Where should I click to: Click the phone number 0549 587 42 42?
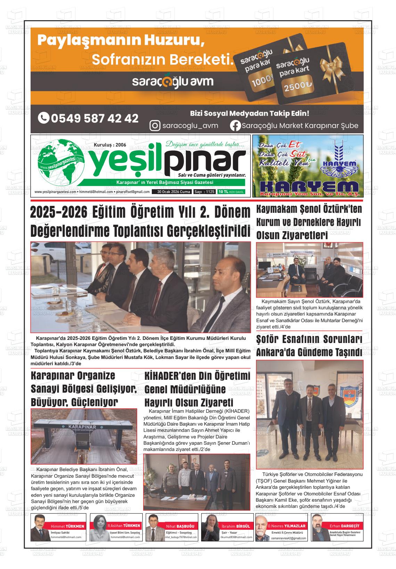(88, 118)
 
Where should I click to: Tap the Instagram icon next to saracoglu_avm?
(155, 125)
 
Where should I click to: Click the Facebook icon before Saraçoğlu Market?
(235, 125)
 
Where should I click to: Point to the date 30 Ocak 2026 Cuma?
(173, 192)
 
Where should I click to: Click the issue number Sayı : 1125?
(205, 192)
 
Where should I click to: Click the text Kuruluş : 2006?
(110, 145)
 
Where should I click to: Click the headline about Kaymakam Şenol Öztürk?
(309, 222)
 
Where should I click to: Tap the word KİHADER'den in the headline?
(169, 376)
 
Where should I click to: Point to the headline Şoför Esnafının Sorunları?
(309, 339)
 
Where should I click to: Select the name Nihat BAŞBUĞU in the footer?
(181, 526)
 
